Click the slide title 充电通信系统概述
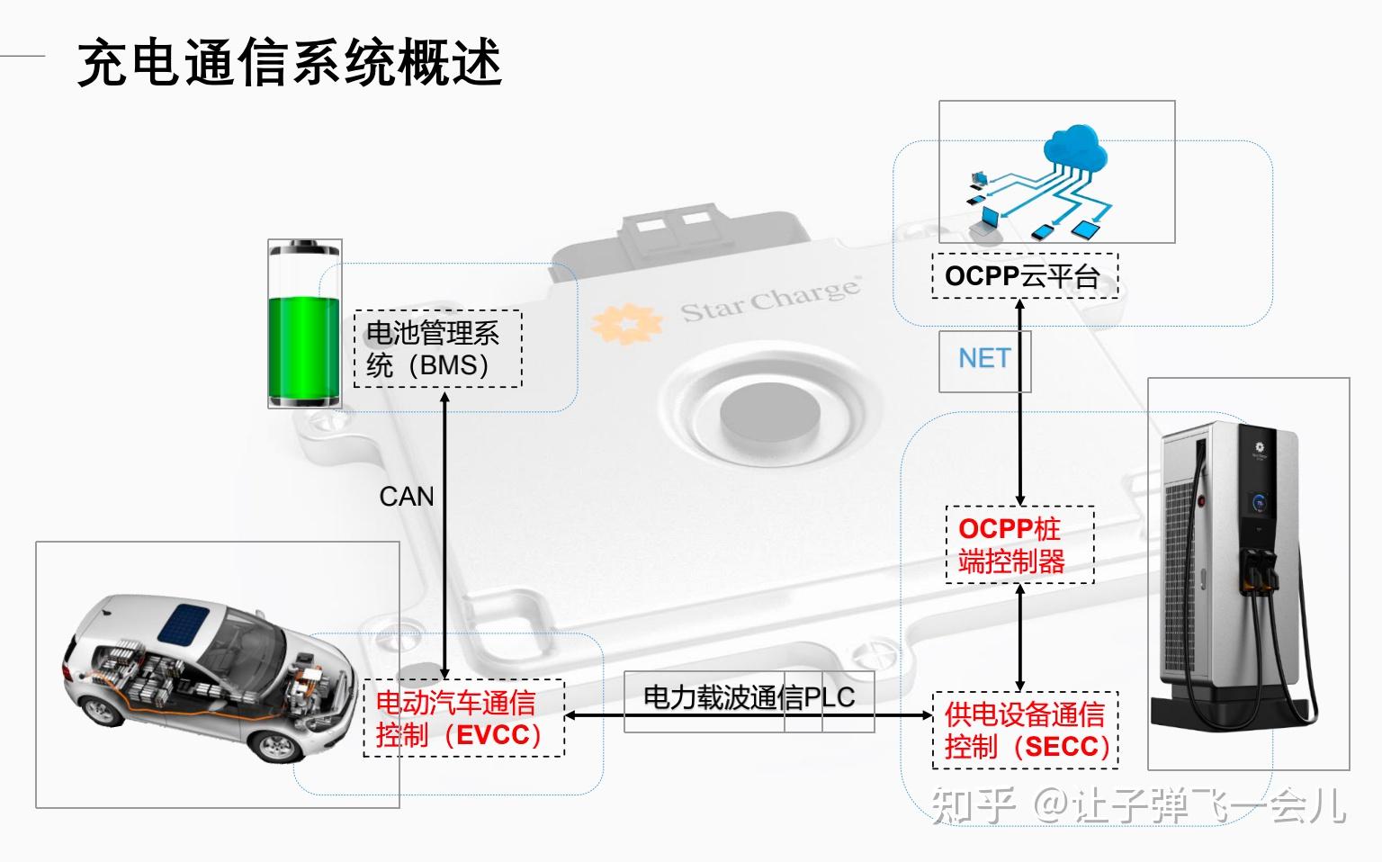(x=289, y=62)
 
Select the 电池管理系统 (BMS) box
(x=437, y=349)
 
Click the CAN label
(x=406, y=497)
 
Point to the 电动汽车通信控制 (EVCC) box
(x=462, y=718)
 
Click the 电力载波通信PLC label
(x=749, y=698)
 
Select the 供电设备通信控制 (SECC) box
(x=1025, y=730)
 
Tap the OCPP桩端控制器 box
(x=1019, y=544)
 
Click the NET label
(x=983, y=359)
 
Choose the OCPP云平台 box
(x=1024, y=275)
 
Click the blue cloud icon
(x=1075, y=148)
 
